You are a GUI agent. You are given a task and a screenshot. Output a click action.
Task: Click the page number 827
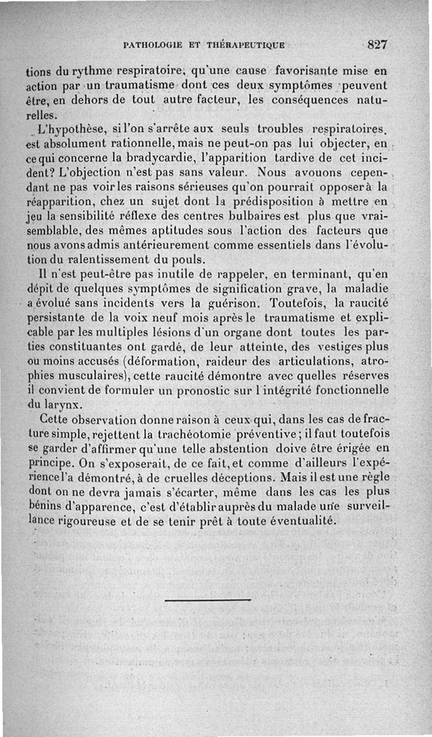(x=377, y=45)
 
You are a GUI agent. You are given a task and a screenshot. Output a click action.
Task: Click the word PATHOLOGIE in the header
(x=153, y=45)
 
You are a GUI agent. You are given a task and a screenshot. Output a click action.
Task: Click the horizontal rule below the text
(x=207, y=600)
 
